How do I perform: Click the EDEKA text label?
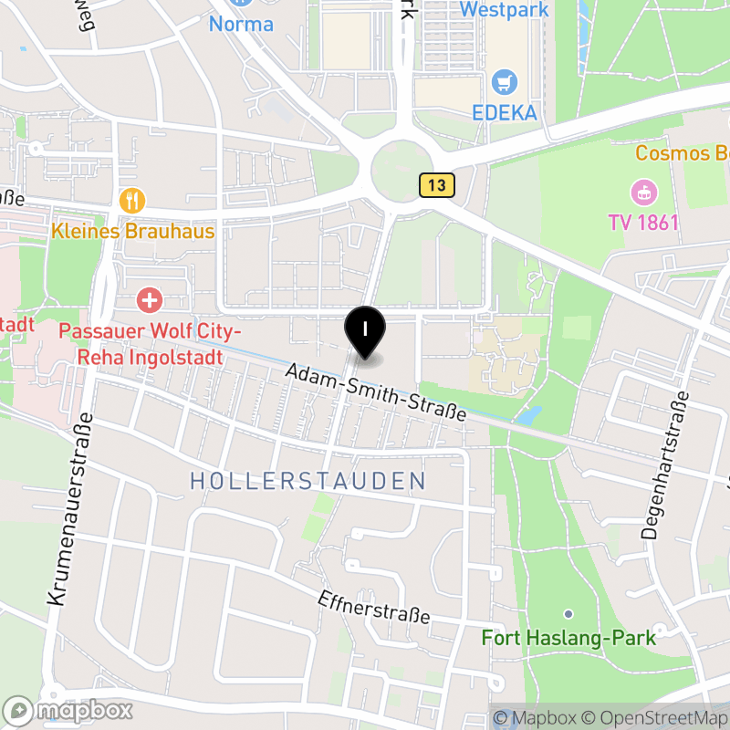[x=505, y=113]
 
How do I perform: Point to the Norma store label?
[x=241, y=24]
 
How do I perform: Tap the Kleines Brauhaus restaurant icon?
[x=133, y=200]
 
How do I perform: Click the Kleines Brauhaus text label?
[x=133, y=231]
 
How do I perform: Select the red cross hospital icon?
[x=149, y=298]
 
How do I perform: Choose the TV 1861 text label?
[x=644, y=222]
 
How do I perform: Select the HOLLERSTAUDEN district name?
[x=308, y=481]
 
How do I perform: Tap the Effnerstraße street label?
[x=374, y=608]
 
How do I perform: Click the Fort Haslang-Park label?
[x=568, y=637]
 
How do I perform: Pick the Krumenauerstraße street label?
[x=68, y=510]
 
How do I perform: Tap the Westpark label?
[x=505, y=10]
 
